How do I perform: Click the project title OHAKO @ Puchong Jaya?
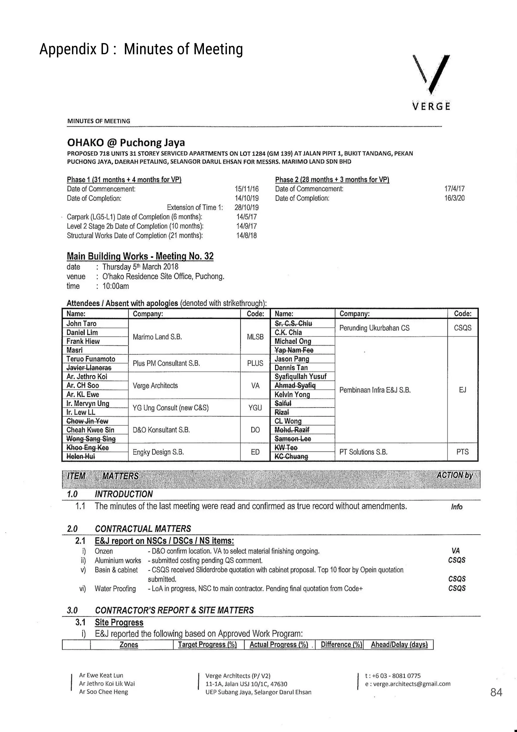point(126,143)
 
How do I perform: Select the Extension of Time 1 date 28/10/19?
point(247,207)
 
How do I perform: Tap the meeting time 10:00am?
point(115,286)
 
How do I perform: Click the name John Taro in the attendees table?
point(81,323)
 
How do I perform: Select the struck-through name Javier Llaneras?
point(89,368)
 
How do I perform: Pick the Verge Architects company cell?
point(155,385)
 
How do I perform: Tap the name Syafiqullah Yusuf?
point(300,377)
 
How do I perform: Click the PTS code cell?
point(462,452)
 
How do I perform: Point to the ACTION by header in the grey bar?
point(454,475)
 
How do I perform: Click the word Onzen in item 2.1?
point(104,551)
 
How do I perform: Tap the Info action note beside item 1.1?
point(456,507)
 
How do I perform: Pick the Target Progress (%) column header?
point(207,644)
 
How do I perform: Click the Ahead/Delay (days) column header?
point(399,644)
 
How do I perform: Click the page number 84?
point(496,692)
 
